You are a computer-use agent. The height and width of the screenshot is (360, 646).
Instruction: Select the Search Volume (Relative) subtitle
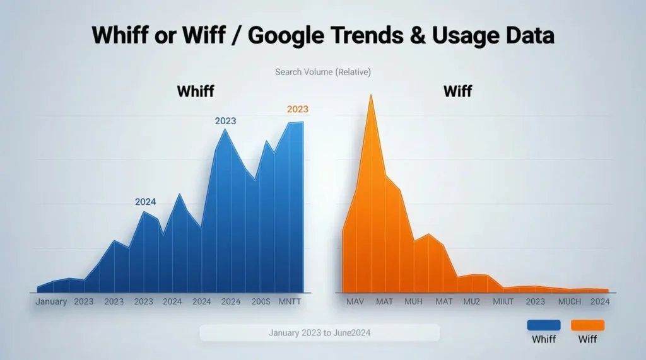323,72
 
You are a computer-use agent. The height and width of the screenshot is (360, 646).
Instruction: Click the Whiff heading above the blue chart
195,91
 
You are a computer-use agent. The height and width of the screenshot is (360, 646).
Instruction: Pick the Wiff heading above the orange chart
457,91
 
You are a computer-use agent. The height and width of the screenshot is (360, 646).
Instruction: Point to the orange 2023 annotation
297,109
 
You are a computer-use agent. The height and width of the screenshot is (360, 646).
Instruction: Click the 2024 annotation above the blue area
145,202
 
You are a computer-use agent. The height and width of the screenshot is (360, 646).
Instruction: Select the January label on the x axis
51,301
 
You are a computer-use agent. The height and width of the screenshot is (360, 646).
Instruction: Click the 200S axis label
261,301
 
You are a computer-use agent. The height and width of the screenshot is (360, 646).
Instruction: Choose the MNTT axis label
290,301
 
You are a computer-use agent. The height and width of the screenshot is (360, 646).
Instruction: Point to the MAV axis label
355,301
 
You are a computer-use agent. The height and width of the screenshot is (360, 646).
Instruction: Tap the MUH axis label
413,301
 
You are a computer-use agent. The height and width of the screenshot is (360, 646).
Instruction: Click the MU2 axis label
471,301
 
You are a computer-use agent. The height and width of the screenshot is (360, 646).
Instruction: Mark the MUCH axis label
570,301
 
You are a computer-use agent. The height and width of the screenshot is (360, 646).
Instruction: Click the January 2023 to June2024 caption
319,332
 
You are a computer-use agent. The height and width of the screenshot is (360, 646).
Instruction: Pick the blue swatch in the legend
543,325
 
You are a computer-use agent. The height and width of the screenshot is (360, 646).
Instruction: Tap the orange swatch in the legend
587,325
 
